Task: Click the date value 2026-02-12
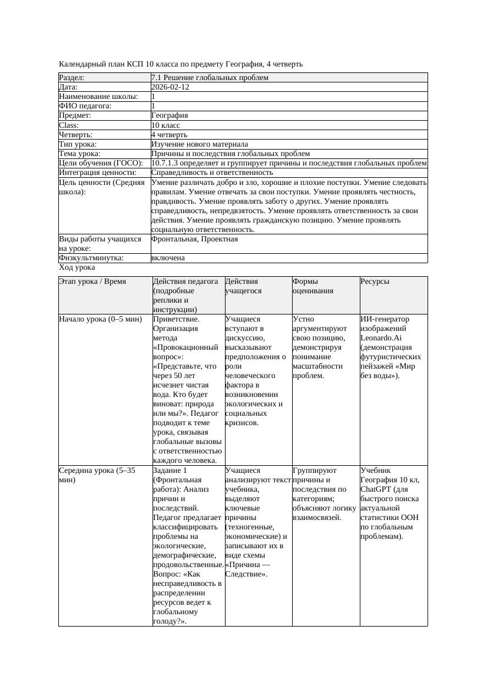tap(170, 87)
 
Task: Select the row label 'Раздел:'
tap(72, 78)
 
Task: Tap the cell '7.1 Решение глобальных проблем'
tap(210, 78)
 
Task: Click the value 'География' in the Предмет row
tap(170, 116)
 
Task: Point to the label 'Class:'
tap(69, 125)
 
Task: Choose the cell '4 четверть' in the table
tap(169, 135)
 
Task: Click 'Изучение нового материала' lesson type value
tap(200, 144)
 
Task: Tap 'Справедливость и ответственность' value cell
tap(212, 173)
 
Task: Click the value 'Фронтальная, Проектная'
tap(194, 239)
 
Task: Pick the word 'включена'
tap(168, 258)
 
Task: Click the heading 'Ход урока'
tap(77, 267)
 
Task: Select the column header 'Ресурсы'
tap(375, 281)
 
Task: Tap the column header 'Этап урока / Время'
tap(92, 281)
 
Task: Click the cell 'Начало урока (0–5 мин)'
tap(101, 319)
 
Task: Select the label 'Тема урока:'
tap(79, 154)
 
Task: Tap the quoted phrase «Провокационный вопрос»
tap(187, 352)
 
